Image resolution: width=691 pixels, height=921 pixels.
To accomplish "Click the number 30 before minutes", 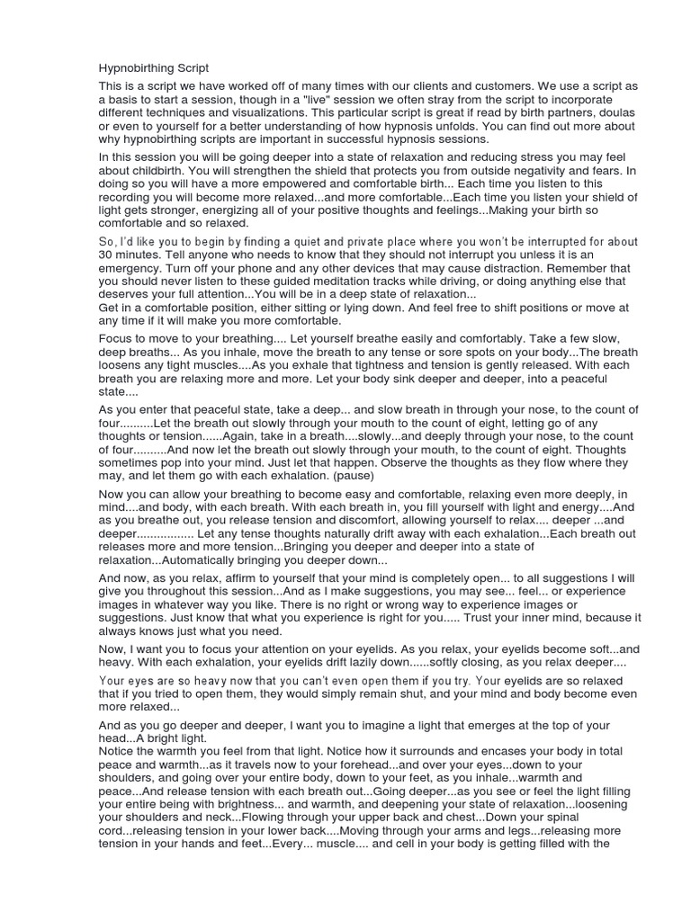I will [x=106, y=255].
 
